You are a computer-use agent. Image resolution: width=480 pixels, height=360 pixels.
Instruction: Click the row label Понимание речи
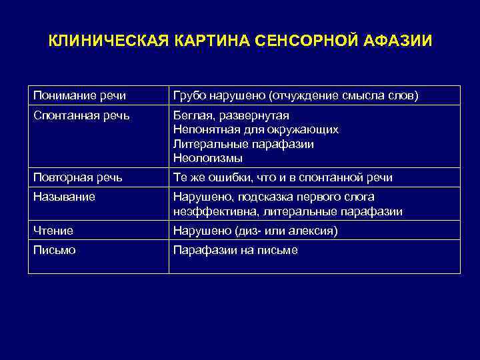79,96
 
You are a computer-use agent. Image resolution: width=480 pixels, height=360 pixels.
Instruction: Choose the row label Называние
64,197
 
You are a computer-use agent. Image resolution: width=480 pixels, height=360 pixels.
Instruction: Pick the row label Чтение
53,231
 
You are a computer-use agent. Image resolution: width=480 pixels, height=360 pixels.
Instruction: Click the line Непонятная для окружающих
255,130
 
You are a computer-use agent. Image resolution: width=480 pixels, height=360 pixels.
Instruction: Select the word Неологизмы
207,159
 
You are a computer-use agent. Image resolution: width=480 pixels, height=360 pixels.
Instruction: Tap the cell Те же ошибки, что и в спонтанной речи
283,178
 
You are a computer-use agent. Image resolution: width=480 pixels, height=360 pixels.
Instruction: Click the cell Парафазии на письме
235,250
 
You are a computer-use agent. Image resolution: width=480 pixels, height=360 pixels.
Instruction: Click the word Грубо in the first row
187,96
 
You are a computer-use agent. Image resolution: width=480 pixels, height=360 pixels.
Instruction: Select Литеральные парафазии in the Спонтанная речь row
243,144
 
